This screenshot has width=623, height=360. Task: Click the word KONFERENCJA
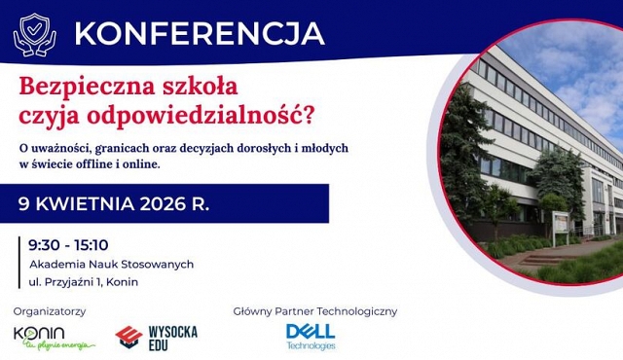[x=199, y=32]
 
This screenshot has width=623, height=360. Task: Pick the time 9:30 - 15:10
[x=68, y=244]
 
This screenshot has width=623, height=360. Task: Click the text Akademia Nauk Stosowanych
[x=111, y=264]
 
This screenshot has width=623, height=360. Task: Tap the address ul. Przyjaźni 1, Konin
[x=84, y=282]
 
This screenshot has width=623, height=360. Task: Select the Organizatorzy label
[x=50, y=311]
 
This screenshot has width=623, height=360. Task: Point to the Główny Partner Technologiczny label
[x=314, y=311]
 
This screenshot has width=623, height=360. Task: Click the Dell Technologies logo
[x=311, y=336]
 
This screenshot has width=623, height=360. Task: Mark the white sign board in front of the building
[x=562, y=227]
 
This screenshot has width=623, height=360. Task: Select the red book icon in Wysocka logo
[x=128, y=337]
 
